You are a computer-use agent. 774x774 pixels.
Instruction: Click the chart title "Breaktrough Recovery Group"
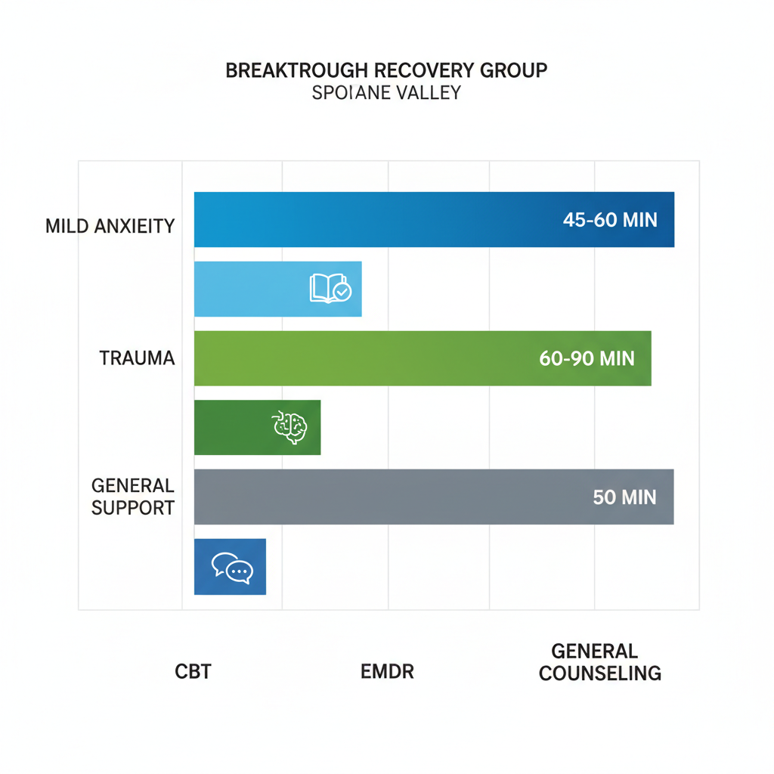coord(386,71)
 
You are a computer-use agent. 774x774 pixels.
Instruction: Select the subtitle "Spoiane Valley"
coord(386,94)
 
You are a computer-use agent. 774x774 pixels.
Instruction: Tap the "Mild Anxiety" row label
coord(110,226)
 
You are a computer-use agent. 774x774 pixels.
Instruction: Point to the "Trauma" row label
coord(137,358)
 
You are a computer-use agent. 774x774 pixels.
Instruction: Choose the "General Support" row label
coord(133,496)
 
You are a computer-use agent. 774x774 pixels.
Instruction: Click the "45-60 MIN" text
coord(609,220)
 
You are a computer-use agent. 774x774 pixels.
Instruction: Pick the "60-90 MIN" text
coord(587,358)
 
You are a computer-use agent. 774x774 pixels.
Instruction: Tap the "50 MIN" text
coord(624,497)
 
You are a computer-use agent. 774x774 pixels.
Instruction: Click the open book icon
coord(330,289)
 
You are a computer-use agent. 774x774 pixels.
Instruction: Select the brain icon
coord(289,427)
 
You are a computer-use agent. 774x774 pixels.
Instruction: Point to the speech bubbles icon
coord(232,568)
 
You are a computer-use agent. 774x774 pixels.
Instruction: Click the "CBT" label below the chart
coord(193,671)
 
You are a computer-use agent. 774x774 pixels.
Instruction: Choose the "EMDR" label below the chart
coord(387,671)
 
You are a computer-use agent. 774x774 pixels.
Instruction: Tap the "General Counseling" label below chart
coord(599,662)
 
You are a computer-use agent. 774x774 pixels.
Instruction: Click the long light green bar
coord(363,358)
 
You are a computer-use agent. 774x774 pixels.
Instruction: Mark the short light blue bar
coord(249,289)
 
